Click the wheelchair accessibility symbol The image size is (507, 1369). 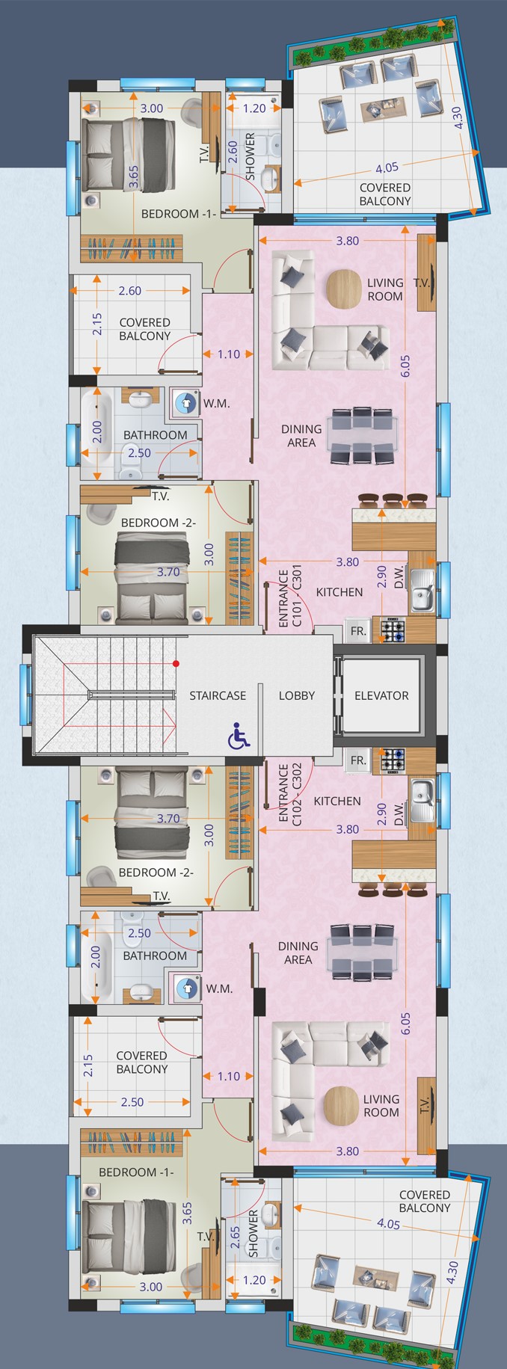tap(239, 736)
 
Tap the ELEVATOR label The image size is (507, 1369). tap(381, 695)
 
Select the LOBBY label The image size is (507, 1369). tap(297, 695)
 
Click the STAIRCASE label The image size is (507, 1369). tap(218, 695)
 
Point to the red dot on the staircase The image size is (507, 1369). tap(176, 663)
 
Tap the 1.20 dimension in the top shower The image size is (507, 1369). tap(254, 108)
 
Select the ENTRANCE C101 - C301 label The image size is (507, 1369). tap(289, 598)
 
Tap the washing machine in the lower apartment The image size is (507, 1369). tap(185, 988)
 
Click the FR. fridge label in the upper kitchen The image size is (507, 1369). tap(358, 631)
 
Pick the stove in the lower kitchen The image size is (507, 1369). tap(393, 761)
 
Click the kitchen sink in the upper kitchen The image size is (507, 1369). tap(422, 590)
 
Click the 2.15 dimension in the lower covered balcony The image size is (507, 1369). tap(88, 1065)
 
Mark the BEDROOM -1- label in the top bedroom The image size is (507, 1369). tap(179, 214)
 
